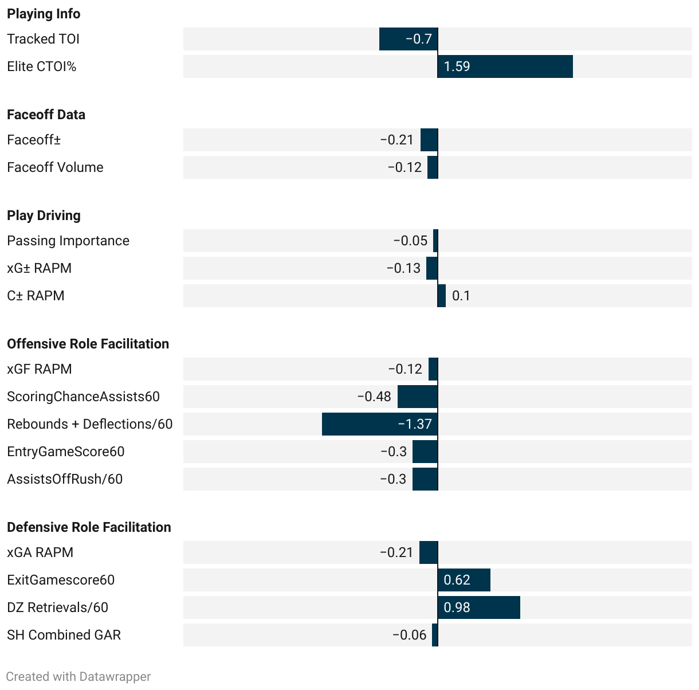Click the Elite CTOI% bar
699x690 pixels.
[x=505, y=66]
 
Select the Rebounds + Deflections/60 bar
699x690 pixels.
[x=380, y=424]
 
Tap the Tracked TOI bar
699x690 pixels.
[x=409, y=39]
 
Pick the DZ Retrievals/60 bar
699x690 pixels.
[x=479, y=607]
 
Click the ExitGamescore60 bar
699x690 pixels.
[x=464, y=580]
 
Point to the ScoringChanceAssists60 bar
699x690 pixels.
[x=418, y=397]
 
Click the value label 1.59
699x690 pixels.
[x=457, y=66]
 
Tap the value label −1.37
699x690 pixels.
[x=415, y=424]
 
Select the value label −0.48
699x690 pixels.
[x=374, y=397]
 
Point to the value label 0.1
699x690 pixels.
[x=461, y=296]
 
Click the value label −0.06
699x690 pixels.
[x=410, y=635]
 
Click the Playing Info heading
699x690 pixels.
[x=44, y=14]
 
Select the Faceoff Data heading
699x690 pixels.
[x=46, y=115]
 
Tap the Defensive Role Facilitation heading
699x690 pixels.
[x=89, y=527]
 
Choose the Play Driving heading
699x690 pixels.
[x=44, y=215]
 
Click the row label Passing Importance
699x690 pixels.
[x=68, y=241]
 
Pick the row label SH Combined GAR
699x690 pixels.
[x=64, y=635]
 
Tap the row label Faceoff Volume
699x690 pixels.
[x=55, y=167]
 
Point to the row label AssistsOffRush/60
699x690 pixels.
[x=65, y=479]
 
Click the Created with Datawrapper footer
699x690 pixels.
[x=78, y=677]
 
